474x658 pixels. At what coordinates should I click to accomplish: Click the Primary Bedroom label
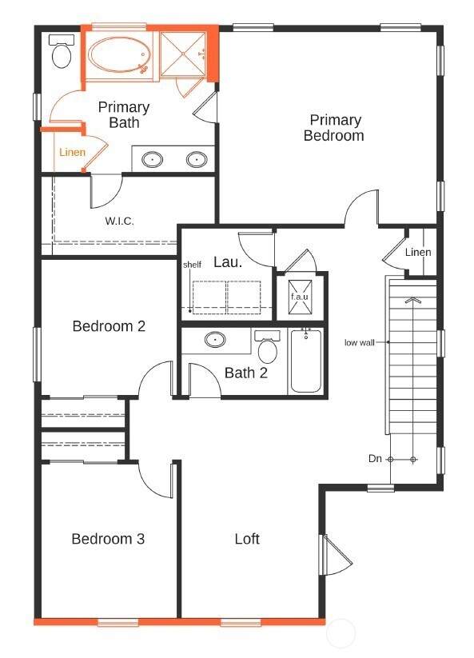click(334, 128)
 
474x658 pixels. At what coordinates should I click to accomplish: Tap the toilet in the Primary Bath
click(62, 51)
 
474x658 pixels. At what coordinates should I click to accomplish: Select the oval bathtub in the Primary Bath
click(120, 55)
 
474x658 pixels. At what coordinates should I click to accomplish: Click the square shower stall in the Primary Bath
click(183, 54)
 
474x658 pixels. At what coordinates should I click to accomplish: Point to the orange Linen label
click(73, 153)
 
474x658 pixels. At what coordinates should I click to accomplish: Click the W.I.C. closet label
click(120, 221)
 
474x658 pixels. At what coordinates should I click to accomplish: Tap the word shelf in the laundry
click(192, 265)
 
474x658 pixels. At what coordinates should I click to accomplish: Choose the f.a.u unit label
click(300, 297)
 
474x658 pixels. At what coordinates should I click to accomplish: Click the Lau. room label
click(228, 262)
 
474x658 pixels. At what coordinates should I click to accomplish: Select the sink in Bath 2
click(215, 339)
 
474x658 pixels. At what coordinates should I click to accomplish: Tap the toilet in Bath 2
click(267, 347)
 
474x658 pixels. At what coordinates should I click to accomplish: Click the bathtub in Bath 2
click(306, 361)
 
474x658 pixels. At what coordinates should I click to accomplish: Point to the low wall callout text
click(360, 342)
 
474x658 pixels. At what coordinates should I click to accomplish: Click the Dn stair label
click(375, 459)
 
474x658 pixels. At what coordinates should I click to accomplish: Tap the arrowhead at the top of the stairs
click(413, 300)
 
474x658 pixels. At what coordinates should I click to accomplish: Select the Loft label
click(247, 539)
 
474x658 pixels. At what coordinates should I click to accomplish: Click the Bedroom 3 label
click(108, 539)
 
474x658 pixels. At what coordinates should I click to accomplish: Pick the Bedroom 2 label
click(109, 326)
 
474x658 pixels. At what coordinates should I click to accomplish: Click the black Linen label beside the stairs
click(418, 252)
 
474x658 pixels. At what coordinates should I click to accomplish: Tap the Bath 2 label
click(246, 373)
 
